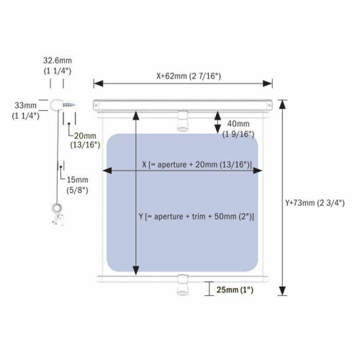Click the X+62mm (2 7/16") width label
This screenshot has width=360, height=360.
point(189,76)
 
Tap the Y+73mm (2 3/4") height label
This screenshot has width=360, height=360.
point(315,203)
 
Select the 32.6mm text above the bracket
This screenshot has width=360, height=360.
point(58,60)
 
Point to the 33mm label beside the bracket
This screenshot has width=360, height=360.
point(25,105)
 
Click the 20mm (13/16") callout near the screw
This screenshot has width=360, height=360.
point(85,140)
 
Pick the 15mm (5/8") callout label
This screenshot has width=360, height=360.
point(77,185)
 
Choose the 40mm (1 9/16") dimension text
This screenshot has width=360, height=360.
point(238,129)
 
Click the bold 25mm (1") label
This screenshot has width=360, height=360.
point(235,289)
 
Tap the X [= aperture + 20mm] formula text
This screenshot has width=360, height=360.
point(197,165)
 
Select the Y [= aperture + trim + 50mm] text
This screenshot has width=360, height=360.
point(197,217)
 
